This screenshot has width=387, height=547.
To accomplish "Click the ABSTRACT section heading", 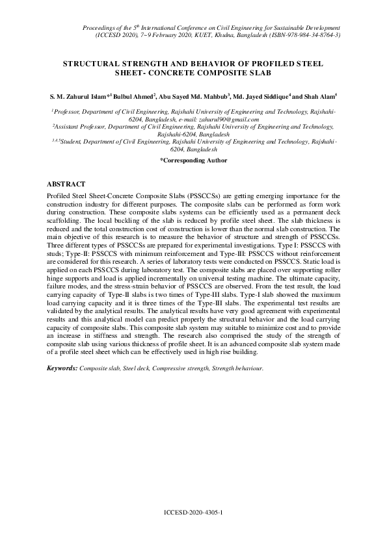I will (x=68, y=184).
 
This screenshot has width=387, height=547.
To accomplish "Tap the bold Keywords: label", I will (x=62, y=368).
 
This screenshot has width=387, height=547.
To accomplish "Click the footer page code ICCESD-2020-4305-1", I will (x=193, y=513).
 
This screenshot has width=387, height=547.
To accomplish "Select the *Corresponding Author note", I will (x=193, y=159).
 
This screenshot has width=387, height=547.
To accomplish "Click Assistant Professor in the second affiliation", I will (x=81, y=127).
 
